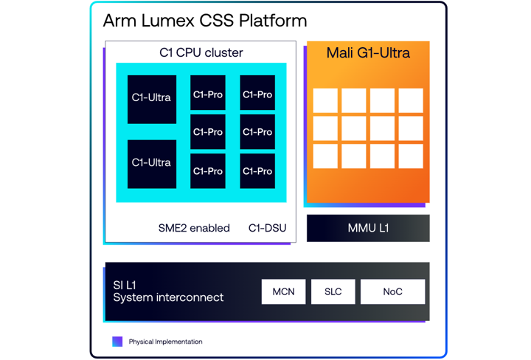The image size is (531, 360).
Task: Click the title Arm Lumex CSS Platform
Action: click(205, 21)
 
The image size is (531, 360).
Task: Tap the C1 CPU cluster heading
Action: click(201, 52)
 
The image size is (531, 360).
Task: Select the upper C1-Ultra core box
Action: click(152, 99)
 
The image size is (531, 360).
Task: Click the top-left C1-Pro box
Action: click(208, 94)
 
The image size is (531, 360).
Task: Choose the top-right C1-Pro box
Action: click(257, 94)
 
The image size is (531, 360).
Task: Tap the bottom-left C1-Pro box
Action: click(208, 171)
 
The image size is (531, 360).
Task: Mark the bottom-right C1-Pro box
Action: click(257, 171)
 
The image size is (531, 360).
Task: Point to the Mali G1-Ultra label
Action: click(368, 53)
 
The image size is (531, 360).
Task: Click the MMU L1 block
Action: click(368, 228)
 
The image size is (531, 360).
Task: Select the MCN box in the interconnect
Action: click(283, 291)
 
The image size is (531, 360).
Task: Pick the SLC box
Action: click(333, 291)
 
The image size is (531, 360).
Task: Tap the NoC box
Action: click(392, 291)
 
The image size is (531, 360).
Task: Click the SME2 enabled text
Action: click(194, 228)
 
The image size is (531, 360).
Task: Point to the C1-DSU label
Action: click(266, 228)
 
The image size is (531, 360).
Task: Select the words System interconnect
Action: click(168, 298)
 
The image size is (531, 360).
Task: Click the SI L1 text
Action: click(125, 285)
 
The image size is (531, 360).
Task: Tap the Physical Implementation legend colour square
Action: click(117, 342)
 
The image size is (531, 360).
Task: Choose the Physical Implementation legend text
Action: click(165, 342)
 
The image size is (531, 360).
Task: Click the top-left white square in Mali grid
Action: click(325, 100)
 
